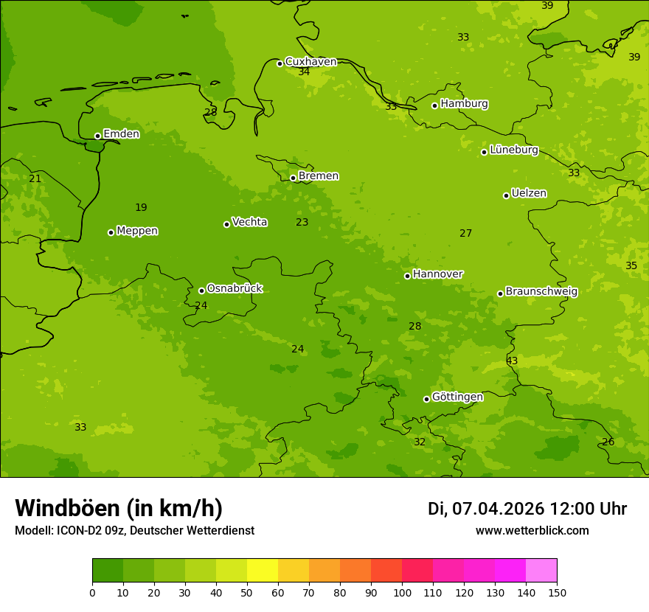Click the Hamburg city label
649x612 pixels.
click(x=464, y=104)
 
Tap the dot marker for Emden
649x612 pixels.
click(x=97, y=136)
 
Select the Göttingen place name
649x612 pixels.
click(x=457, y=397)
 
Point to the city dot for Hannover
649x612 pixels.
click(x=407, y=276)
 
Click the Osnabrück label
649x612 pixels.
click(x=235, y=288)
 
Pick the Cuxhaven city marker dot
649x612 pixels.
click(x=280, y=63)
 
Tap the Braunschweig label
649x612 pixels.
click(x=541, y=291)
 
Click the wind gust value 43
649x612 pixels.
click(x=512, y=361)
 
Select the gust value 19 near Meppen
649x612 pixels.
click(x=141, y=207)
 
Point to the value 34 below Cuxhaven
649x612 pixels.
click(x=304, y=72)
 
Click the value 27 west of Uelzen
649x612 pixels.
click(x=465, y=233)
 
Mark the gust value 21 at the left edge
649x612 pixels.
click(x=35, y=178)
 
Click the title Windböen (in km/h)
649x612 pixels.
click(x=119, y=508)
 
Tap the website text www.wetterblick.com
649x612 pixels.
click(x=532, y=530)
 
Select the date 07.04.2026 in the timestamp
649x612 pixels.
click(x=498, y=509)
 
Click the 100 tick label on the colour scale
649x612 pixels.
click(x=402, y=592)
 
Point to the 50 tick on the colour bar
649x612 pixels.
click(x=247, y=592)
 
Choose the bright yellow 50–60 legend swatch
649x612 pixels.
click(x=263, y=571)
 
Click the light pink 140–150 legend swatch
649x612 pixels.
click(x=541, y=571)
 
